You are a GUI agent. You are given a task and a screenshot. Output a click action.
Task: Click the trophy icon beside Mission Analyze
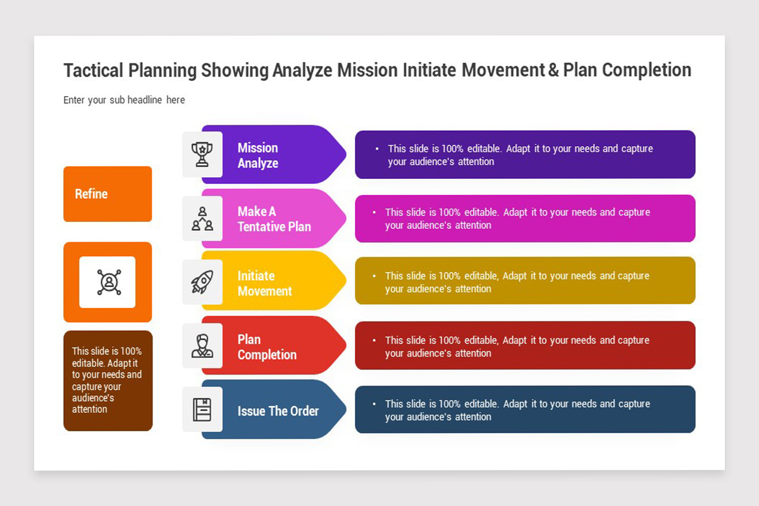[202, 154]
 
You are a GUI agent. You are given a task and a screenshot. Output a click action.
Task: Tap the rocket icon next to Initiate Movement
[202, 281]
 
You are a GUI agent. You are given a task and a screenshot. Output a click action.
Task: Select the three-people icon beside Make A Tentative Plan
[202, 219]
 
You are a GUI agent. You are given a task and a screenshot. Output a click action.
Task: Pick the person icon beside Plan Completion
[202, 346]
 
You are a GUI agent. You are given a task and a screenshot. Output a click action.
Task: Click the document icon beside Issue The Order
[202, 409]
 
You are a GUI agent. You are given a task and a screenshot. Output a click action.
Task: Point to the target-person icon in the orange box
[109, 282]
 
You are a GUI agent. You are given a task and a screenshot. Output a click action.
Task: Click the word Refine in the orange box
[91, 194]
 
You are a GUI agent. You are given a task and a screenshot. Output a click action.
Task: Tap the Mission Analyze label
[258, 155]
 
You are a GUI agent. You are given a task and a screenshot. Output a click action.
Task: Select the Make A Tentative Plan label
[274, 219]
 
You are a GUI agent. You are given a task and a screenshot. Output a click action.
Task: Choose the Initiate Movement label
[264, 283]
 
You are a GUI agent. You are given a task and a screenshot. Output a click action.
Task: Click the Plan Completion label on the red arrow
[267, 347]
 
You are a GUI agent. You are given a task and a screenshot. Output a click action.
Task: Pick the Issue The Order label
[278, 410]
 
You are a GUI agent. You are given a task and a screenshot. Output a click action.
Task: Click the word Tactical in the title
[93, 70]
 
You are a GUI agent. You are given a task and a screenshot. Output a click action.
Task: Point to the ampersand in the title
[553, 70]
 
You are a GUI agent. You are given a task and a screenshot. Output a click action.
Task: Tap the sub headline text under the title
[124, 100]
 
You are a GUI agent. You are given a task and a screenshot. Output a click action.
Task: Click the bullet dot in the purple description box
[377, 149]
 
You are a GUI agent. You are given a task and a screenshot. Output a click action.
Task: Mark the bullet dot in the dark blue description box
[374, 404]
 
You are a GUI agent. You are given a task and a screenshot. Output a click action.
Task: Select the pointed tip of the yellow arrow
[346, 280]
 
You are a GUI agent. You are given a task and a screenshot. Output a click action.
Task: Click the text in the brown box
[107, 380]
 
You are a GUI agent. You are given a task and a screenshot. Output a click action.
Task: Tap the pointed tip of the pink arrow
[346, 218]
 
